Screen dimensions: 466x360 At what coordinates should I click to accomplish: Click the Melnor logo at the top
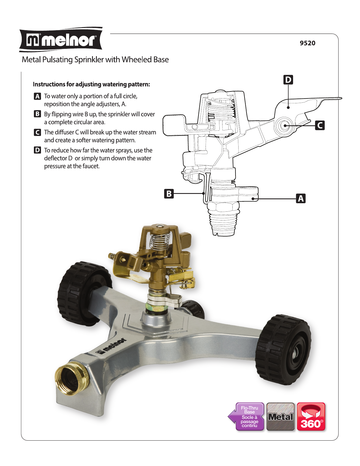click(x=61, y=40)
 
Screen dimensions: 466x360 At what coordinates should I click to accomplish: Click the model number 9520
click(x=307, y=43)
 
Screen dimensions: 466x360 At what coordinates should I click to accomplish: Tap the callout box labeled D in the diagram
click(x=288, y=80)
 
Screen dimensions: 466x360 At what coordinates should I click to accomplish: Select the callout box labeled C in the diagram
click(x=320, y=125)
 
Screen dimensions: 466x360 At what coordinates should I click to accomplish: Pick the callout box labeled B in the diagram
click(x=169, y=194)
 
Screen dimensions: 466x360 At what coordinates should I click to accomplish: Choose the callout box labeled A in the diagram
click(x=301, y=198)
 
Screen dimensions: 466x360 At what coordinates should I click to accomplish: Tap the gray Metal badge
click(x=280, y=417)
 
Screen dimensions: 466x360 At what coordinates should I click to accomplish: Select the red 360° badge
click(x=311, y=417)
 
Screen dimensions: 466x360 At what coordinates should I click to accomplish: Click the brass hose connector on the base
click(x=72, y=379)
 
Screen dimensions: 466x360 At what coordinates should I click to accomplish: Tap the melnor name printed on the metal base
click(x=112, y=346)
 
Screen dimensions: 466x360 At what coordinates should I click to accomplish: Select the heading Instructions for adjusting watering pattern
click(x=91, y=84)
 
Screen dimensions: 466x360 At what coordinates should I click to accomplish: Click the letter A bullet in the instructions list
click(x=37, y=96)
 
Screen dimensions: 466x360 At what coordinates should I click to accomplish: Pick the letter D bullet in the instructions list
click(x=37, y=150)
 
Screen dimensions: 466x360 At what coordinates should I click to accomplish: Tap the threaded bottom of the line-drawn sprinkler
click(x=224, y=223)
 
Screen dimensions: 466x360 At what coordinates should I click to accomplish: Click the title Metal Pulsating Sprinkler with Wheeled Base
click(x=95, y=60)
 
